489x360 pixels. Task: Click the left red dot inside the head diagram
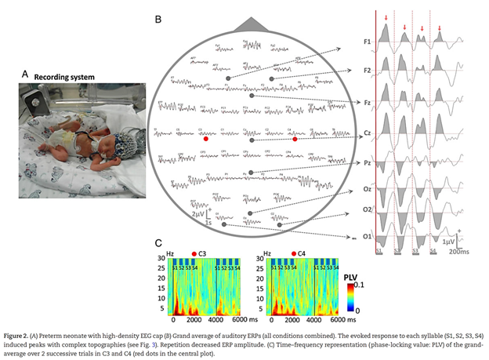205,138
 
